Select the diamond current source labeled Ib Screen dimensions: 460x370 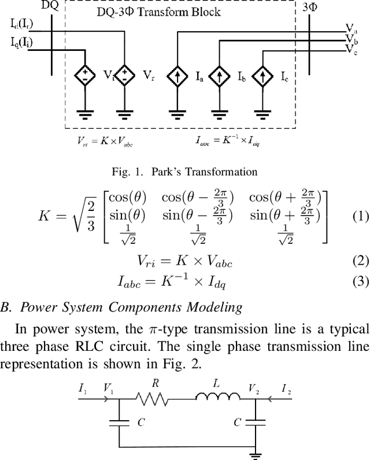tap(220, 76)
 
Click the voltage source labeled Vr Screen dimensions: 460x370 tap(125, 76)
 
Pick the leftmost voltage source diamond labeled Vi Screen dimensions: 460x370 tap(85, 76)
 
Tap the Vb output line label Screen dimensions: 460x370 tap(351, 39)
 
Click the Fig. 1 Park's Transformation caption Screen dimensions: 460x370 tap(184, 171)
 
